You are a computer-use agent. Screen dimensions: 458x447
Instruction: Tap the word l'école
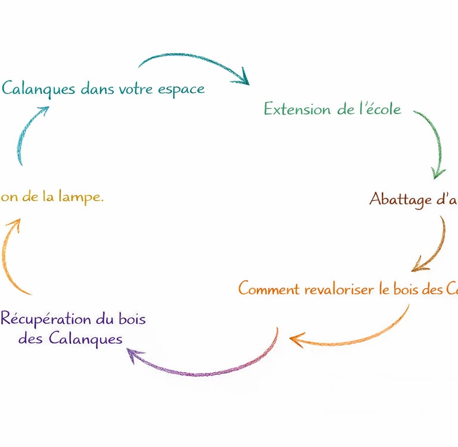click(378, 109)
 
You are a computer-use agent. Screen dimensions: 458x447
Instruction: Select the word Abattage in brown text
click(400, 198)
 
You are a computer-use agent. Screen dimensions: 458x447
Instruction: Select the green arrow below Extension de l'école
click(434, 143)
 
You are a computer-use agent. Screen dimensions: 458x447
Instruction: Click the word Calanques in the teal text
click(39, 89)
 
